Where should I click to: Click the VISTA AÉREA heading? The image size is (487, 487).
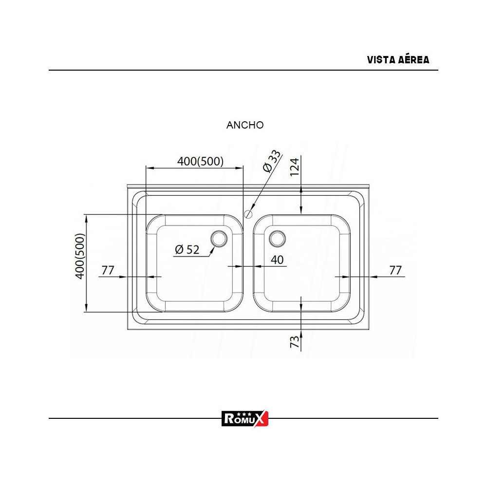click(398, 60)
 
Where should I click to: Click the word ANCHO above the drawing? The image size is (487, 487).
click(245, 125)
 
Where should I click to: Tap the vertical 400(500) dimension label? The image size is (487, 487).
click(80, 256)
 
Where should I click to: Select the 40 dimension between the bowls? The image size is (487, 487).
click(277, 260)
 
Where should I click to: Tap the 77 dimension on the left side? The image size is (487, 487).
click(108, 270)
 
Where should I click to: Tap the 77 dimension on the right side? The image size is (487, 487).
click(396, 270)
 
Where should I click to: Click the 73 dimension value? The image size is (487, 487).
click(295, 341)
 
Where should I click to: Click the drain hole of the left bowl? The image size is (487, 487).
click(219, 238)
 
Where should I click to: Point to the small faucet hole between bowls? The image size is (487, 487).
click(248, 213)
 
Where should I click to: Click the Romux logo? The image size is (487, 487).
click(245, 418)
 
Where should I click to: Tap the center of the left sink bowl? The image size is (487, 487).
click(195, 263)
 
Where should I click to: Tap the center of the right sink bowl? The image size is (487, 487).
click(301, 263)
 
